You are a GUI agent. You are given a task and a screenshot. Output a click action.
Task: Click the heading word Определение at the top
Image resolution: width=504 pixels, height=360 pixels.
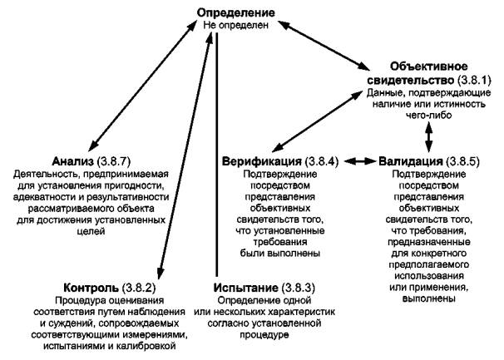(236, 13)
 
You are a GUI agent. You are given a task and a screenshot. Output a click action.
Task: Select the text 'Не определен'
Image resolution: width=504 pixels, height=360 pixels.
(236, 27)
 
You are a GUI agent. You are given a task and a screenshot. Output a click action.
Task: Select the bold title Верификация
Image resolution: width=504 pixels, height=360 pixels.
(261, 160)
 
